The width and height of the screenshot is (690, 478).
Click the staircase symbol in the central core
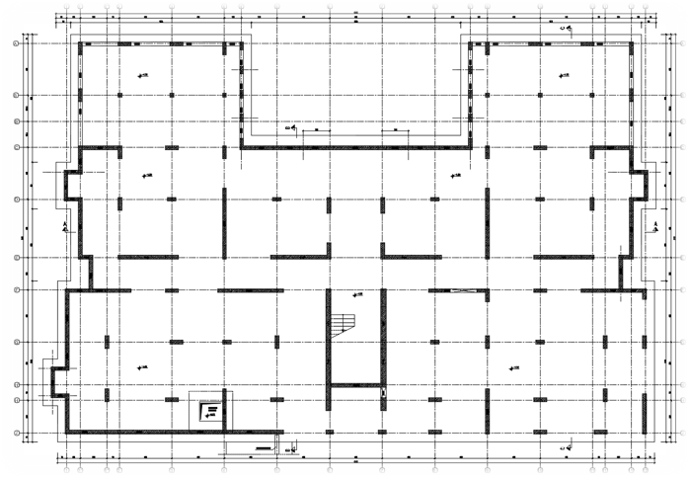point(343,323)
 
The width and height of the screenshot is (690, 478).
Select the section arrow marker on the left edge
point(64,226)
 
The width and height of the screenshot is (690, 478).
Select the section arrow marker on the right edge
point(655,226)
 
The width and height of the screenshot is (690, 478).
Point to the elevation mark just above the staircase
point(356,294)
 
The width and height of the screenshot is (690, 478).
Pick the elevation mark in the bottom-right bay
point(513,367)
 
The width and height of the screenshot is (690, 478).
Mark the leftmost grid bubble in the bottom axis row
point(65,469)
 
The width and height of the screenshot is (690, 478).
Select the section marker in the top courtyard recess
point(293,127)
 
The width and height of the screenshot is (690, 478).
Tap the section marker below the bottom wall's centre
point(291,448)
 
